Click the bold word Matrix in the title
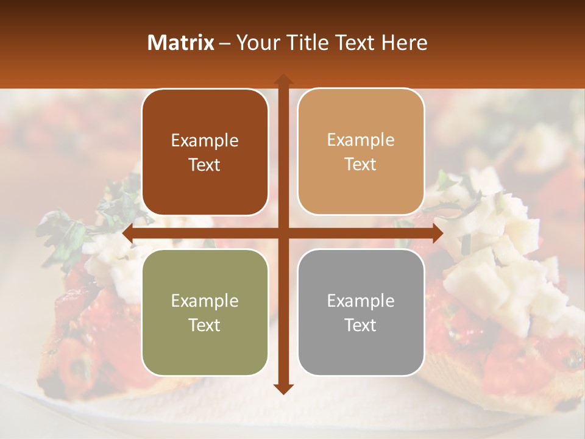[x=181, y=43]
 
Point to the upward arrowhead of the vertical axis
[x=283, y=80]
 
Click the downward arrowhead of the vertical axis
[x=283, y=388]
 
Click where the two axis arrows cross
[x=283, y=234]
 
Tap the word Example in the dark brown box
[x=205, y=141]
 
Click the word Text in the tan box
[x=361, y=165]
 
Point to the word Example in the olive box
[x=205, y=301]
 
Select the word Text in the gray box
[x=361, y=326]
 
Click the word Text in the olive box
[x=205, y=326]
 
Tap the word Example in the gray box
[x=361, y=301]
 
